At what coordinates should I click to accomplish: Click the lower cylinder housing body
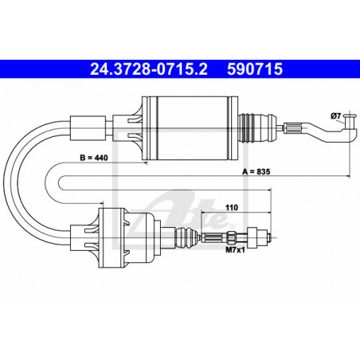click(x=134, y=237)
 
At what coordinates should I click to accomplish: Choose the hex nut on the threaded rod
click(x=233, y=237)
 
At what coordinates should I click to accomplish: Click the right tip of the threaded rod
click(x=274, y=236)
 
